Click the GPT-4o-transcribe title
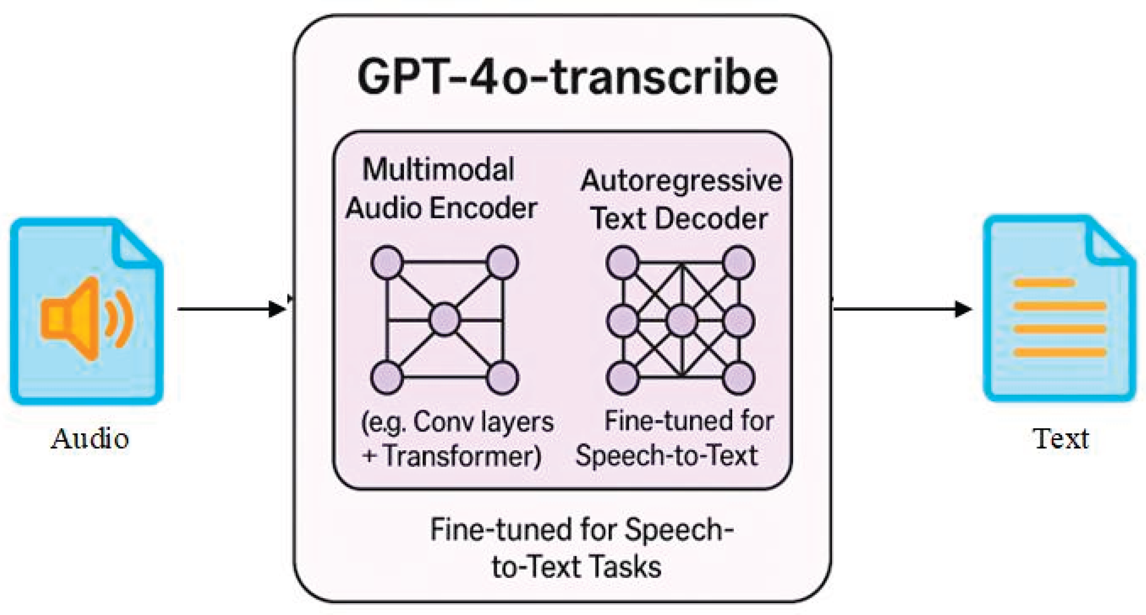point(567,78)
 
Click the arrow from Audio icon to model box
point(231,309)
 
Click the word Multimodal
point(438,170)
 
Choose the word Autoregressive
point(680,181)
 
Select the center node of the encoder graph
point(445,319)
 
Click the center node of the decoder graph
point(682,320)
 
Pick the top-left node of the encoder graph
point(387,262)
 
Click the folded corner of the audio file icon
point(138,247)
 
